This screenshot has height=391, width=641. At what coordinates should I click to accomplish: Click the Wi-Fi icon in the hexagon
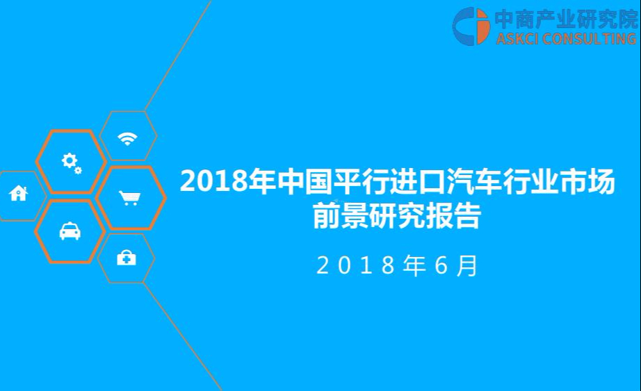(x=127, y=138)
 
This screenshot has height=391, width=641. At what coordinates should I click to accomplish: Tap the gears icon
(x=72, y=163)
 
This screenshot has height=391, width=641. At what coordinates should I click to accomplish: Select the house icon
(x=18, y=193)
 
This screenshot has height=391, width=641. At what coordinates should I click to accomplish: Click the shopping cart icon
(x=129, y=198)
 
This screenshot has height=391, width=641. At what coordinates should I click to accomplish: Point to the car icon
(x=70, y=231)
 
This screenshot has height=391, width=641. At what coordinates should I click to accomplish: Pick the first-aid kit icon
(x=127, y=258)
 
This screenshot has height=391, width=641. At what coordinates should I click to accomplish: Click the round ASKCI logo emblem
(x=471, y=26)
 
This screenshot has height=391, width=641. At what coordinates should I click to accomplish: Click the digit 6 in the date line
(x=441, y=265)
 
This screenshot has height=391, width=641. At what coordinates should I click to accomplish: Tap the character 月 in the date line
(x=467, y=265)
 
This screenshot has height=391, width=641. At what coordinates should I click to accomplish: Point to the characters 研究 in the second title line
(x=397, y=215)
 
